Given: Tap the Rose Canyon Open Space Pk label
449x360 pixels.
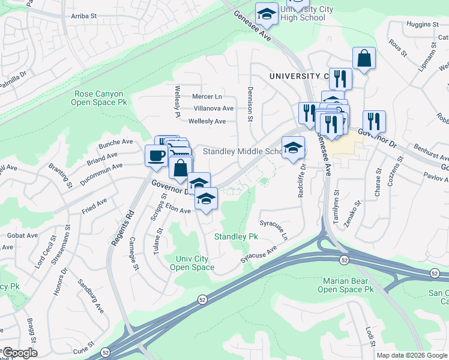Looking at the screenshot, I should (99, 98).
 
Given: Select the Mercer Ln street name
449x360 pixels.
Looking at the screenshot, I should (207, 96).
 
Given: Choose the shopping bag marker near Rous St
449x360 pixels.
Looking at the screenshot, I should (364, 59).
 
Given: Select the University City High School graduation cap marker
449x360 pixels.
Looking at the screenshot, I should (267, 13).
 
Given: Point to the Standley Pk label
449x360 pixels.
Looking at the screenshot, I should (236, 237).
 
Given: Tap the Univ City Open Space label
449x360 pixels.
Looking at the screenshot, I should (194, 263).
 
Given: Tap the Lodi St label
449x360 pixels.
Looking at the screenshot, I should (369, 337).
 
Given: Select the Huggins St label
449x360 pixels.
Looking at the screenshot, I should (423, 24).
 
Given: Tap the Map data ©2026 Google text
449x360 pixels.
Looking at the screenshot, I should (412, 355).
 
